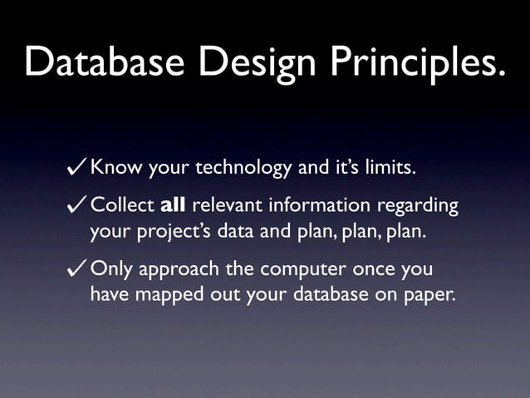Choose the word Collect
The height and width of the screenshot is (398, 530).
coord(121,204)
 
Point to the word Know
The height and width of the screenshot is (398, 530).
coord(116,169)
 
